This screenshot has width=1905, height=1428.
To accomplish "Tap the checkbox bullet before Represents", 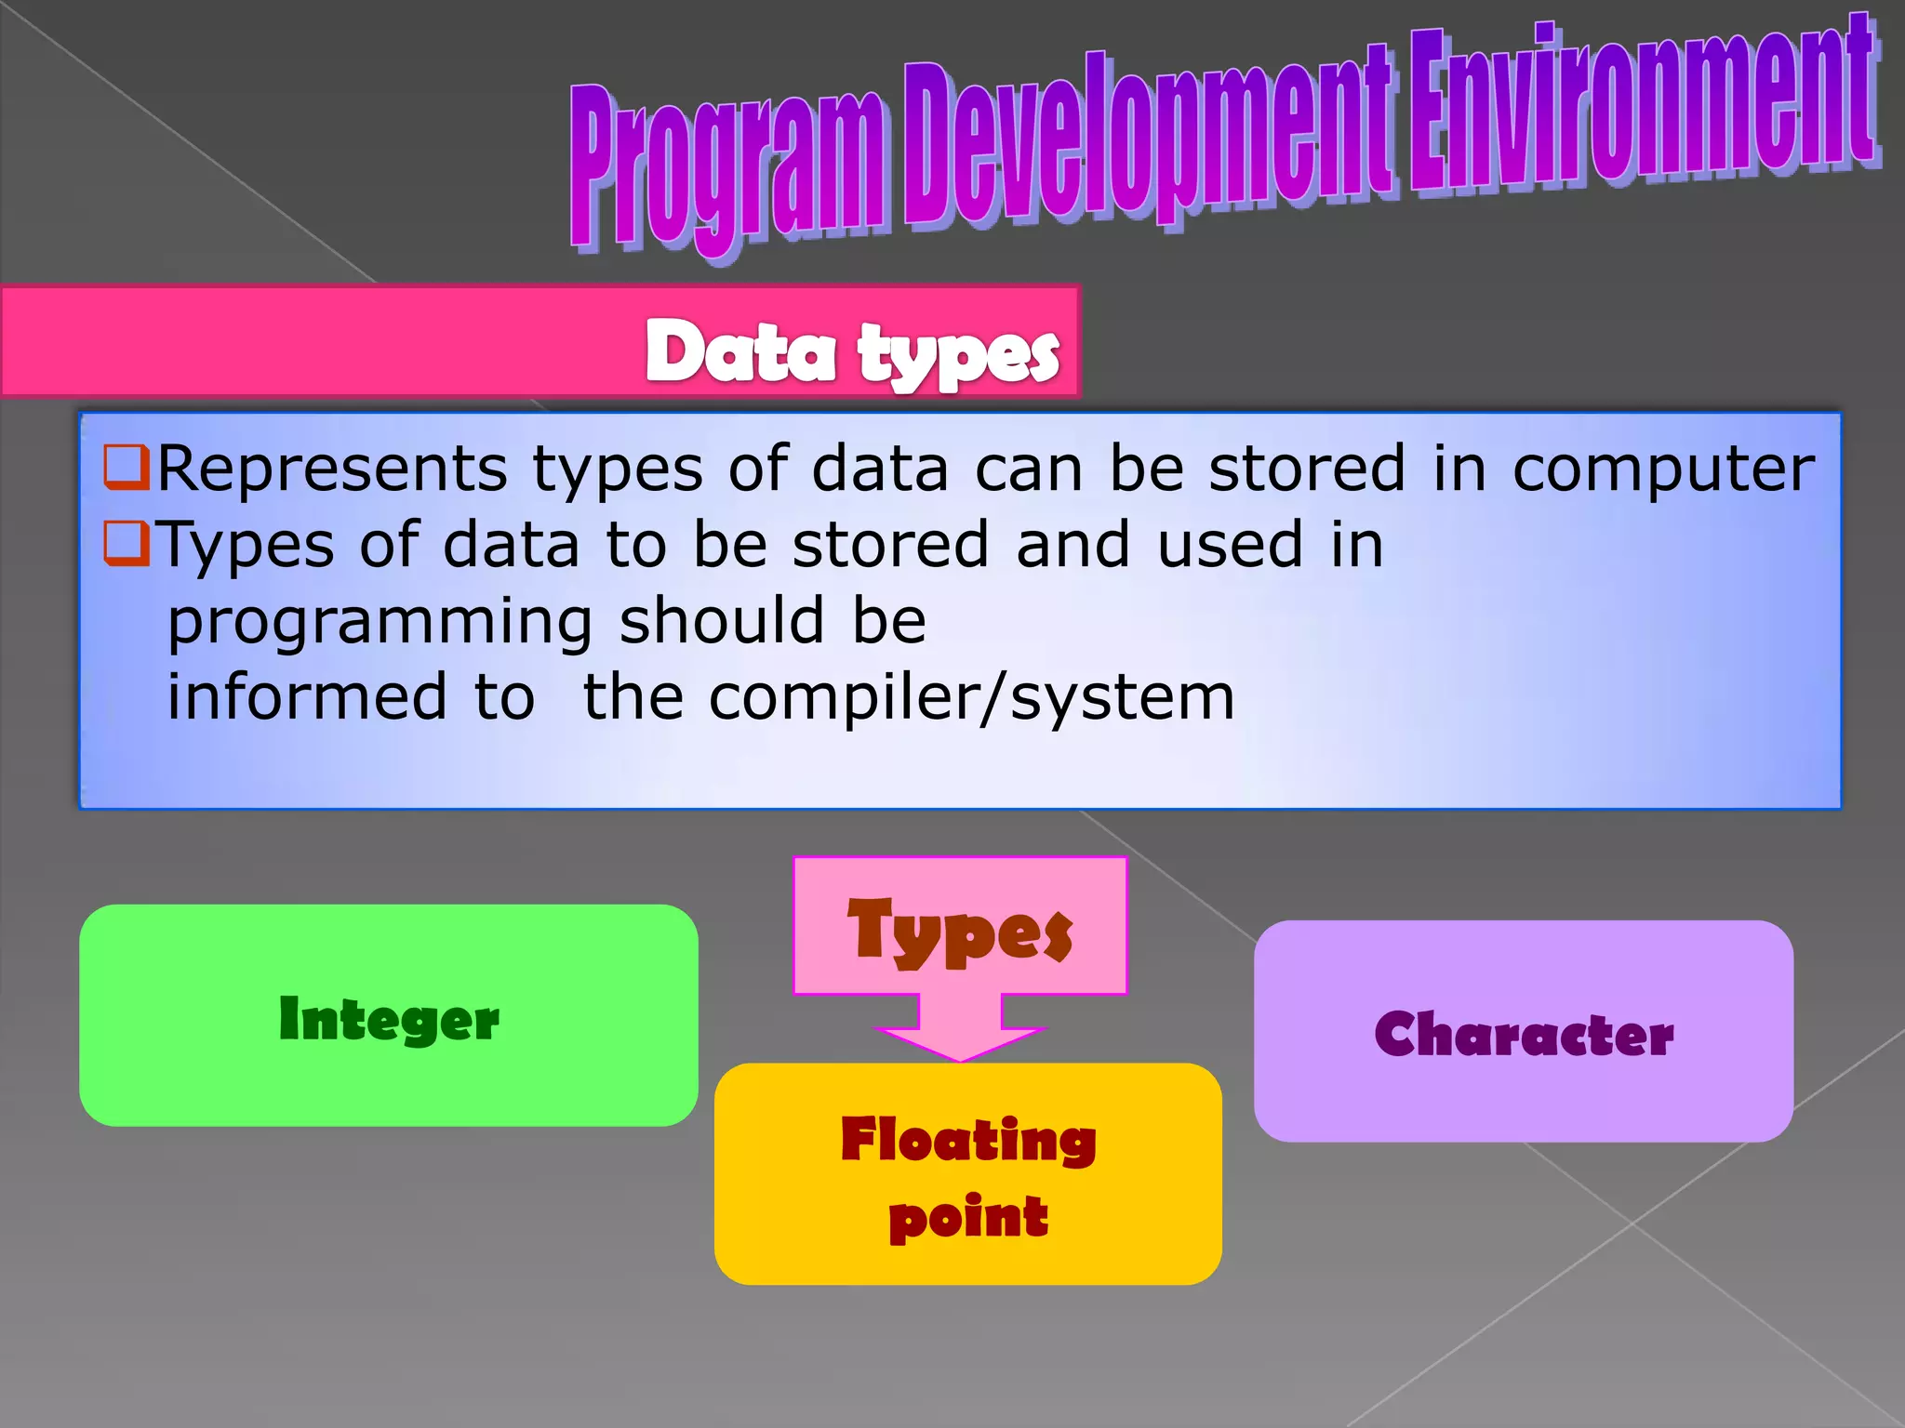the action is click(x=126, y=467).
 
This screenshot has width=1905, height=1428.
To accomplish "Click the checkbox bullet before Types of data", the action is click(x=126, y=543).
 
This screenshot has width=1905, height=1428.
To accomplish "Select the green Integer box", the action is click(x=389, y=1015).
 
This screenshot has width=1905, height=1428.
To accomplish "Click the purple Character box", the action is click(x=1523, y=1031).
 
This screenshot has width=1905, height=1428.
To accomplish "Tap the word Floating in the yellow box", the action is click(x=968, y=1140).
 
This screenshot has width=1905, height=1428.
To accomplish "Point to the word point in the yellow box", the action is click(x=968, y=1217).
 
